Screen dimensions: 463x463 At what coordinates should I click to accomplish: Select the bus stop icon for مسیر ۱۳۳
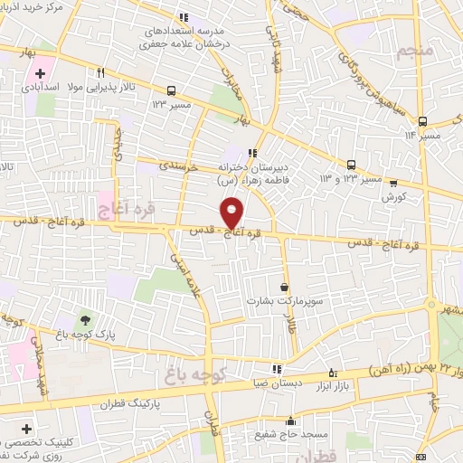pos(171,90)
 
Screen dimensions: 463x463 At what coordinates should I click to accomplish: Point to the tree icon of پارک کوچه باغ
pos(85,319)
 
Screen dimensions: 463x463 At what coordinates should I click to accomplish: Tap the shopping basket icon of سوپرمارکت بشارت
pos(285,288)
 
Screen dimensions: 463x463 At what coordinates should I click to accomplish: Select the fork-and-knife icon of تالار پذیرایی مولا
pos(101,74)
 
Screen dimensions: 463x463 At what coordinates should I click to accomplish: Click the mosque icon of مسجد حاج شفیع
pos(290,420)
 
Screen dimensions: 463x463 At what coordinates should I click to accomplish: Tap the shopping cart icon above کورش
pos(393,182)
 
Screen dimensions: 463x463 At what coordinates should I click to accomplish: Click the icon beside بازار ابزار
pos(333,372)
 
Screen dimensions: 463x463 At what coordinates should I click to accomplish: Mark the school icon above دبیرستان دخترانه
pos(252,152)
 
